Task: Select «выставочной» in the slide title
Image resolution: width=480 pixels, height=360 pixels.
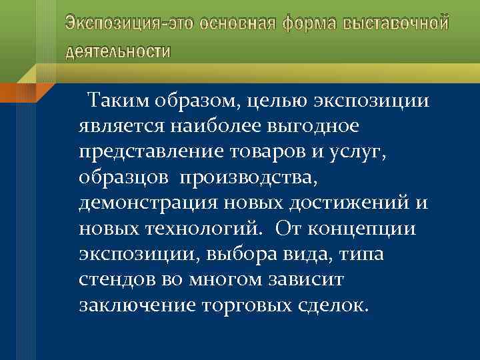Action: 396,24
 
